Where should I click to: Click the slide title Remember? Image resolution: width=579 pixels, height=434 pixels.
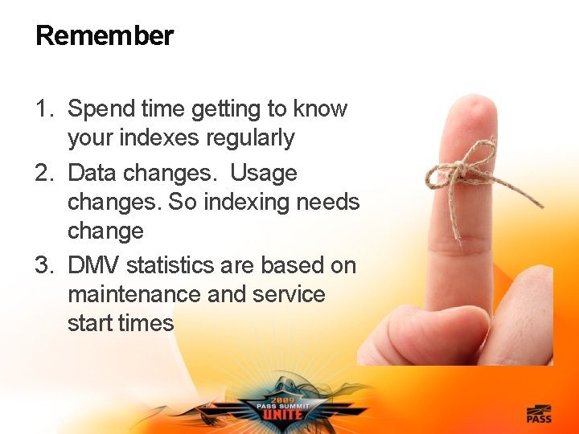105,36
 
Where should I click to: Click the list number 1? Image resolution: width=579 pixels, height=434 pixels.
43,109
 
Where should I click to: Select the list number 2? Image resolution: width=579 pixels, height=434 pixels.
43,174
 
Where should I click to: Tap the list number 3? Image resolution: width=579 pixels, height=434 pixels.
43,265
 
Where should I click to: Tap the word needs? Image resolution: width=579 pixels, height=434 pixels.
328,203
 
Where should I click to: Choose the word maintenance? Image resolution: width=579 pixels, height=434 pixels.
134,294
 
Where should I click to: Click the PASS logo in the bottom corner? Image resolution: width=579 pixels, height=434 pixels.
539,415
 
